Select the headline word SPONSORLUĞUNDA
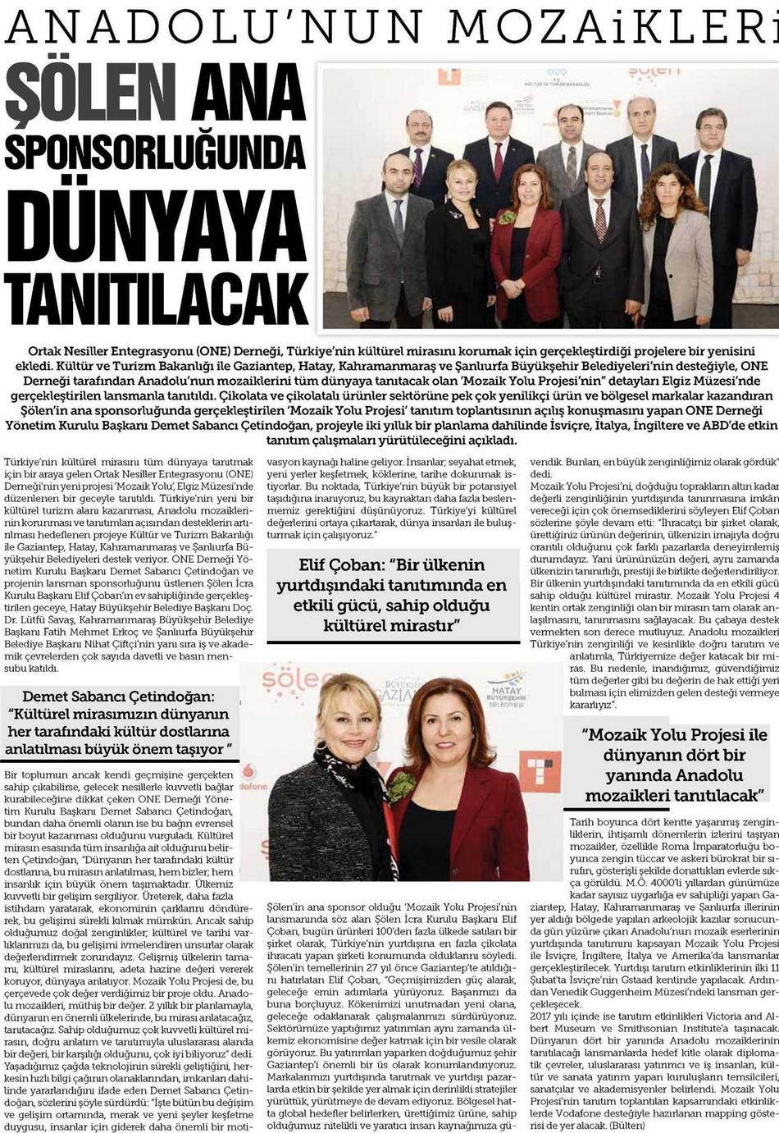(x=155, y=149)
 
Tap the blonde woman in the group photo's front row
(x=459, y=246)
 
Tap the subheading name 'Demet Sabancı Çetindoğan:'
(x=119, y=696)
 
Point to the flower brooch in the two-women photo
(x=401, y=785)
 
